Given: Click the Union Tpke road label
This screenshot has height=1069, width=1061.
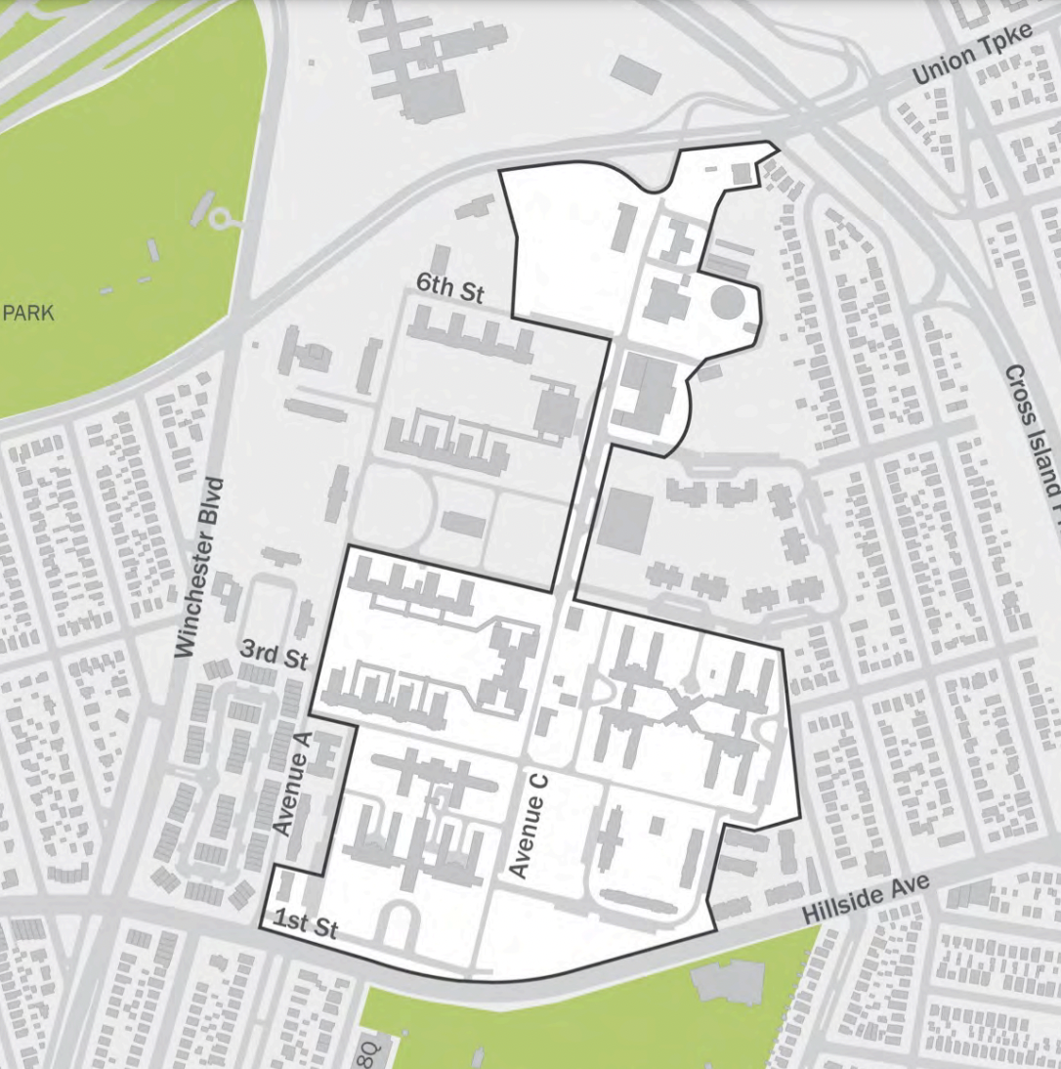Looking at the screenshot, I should [956, 64].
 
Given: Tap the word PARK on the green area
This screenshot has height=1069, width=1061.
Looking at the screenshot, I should [28, 314].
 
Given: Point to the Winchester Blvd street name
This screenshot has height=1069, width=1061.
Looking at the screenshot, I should [201, 567].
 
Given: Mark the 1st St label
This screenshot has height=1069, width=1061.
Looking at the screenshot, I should [306, 923].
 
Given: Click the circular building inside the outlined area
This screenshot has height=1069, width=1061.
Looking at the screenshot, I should [727, 302].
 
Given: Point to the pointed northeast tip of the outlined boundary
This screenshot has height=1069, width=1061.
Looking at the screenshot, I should [777, 148].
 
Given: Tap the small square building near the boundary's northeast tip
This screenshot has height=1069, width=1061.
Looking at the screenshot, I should [742, 172].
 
